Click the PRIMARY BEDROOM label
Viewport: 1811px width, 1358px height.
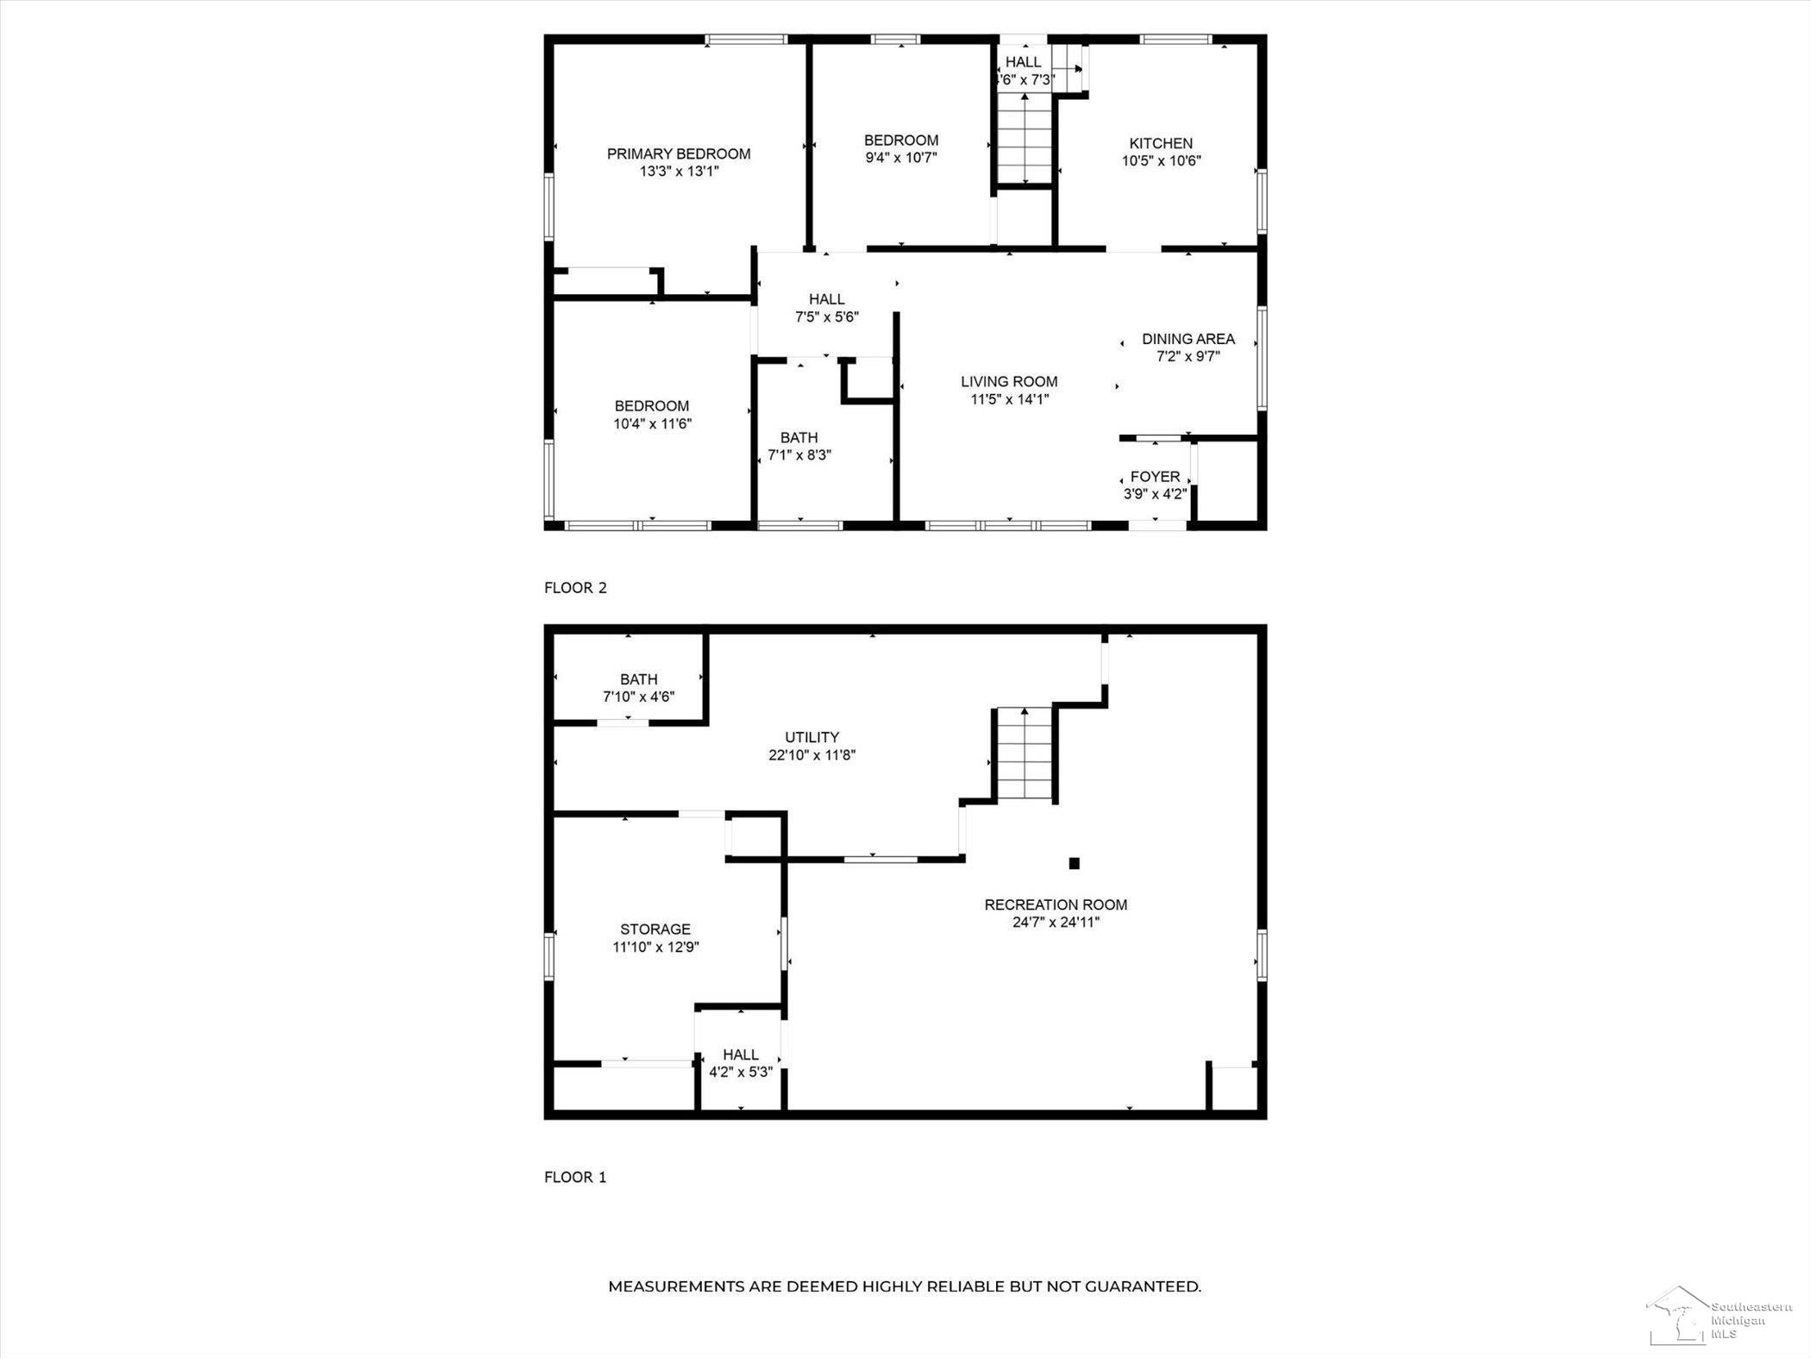[679, 153]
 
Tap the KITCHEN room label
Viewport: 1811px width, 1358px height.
[1161, 143]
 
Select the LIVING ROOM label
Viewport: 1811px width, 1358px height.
[1009, 381]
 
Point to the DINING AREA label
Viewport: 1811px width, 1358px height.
[1187, 339]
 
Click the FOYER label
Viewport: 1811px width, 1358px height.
[1155, 477]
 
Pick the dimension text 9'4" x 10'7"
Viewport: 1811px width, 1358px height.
[901, 157]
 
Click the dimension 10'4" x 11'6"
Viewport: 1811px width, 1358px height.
[653, 423]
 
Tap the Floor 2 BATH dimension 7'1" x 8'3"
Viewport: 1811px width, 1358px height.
[799, 454]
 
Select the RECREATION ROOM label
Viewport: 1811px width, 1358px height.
[1056, 904]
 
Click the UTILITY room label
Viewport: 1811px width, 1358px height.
[812, 737]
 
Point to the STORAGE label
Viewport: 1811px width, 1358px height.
[655, 929]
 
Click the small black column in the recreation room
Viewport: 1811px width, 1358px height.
[1074, 862]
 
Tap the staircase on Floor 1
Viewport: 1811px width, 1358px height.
[1025, 754]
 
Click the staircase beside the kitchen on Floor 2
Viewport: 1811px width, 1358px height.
[1025, 137]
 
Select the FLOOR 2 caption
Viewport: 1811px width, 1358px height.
[575, 587]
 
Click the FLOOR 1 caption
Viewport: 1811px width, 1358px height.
[575, 1177]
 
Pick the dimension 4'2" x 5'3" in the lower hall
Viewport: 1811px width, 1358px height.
[741, 1072]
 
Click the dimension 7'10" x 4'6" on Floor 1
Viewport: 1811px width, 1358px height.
[638, 696]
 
